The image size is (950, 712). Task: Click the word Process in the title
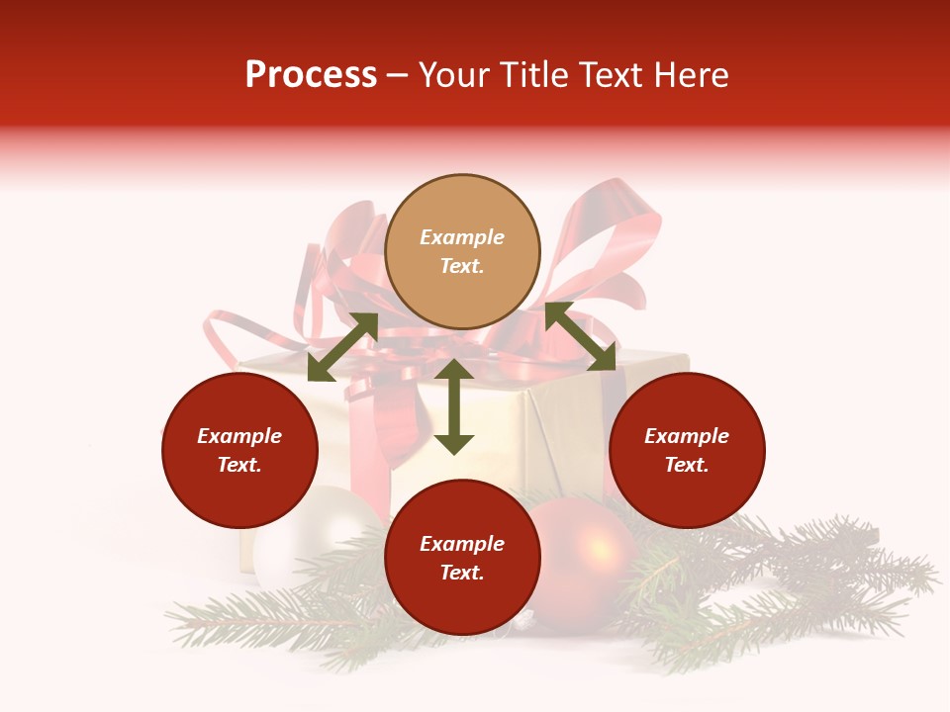coord(311,75)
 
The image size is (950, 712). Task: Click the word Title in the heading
coord(527,75)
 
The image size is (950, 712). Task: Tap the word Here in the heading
coord(691,75)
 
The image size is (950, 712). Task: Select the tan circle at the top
coord(462,252)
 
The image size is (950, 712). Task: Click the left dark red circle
coord(239,450)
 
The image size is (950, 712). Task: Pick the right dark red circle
coord(687,450)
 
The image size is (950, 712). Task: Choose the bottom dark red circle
coord(462,558)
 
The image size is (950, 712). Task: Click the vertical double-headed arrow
coord(454,406)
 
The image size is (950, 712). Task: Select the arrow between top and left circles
coord(342,347)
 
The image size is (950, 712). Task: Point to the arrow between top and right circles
coord(580,336)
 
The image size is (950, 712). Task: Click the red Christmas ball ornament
coord(589,554)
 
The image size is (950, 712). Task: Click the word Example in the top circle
coord(462,237)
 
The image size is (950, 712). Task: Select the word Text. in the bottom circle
coord(462,573)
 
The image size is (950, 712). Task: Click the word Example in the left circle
coord(239,436)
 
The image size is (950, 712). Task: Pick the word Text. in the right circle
coord(687,465)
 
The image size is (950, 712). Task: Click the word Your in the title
coord(451,75)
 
